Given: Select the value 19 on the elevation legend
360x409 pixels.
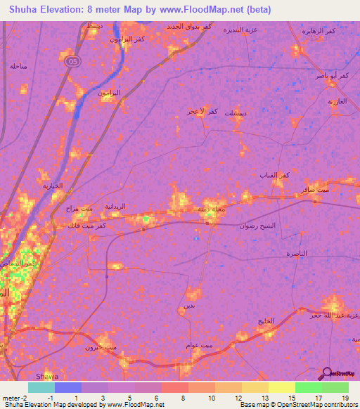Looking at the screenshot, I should [x=345, y=398].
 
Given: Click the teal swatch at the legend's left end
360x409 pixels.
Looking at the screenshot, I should [x=41, y=387].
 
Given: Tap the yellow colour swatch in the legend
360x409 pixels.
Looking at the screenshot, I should [x=281, y=387].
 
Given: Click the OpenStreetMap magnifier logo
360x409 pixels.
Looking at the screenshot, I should [x=328, y=373].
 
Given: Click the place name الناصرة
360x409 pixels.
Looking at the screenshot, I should [x=297, y=253].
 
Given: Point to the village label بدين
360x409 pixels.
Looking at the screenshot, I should [x=188, y=306].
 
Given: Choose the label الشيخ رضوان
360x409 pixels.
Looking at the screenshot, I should [x=259, y=226].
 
